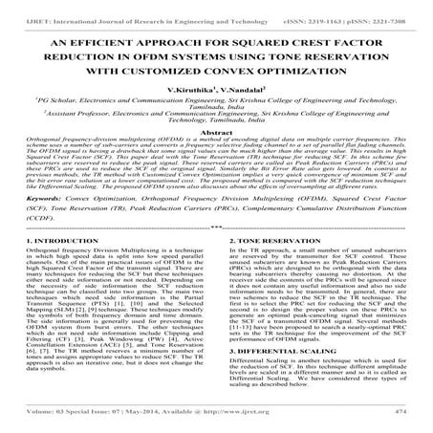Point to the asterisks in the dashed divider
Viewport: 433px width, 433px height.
tap(216, 279)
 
